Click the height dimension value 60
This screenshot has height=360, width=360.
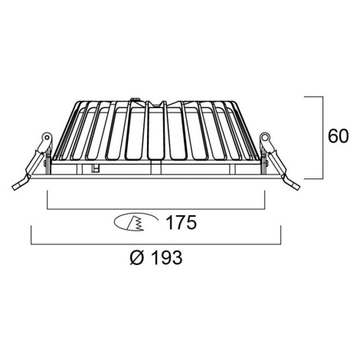pos(338,136)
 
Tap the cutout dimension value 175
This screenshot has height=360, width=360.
pos(182,222)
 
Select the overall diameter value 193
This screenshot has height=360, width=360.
pos(167,257)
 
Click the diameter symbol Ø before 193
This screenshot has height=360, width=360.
pos(138,257)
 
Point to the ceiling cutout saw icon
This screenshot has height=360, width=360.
pos(136,222)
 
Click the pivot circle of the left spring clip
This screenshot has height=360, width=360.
pos(47,137)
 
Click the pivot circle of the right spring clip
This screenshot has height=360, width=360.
pos(265,137)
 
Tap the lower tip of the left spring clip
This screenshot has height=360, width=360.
pos(15,188)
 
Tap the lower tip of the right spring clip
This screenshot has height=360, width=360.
pos(297,188)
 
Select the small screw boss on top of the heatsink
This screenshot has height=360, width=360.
pos(135,100)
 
